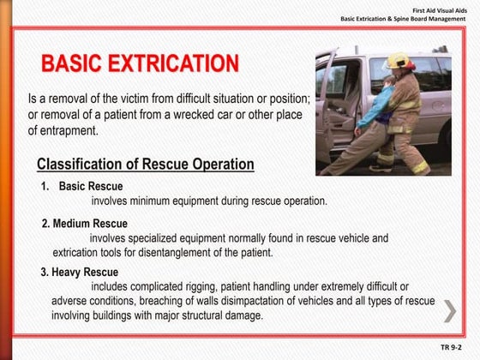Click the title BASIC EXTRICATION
(140, 64)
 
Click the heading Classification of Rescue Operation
(146, 165)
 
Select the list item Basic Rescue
(91, 187)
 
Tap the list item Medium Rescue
(84, 224)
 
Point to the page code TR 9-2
(450, 347)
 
